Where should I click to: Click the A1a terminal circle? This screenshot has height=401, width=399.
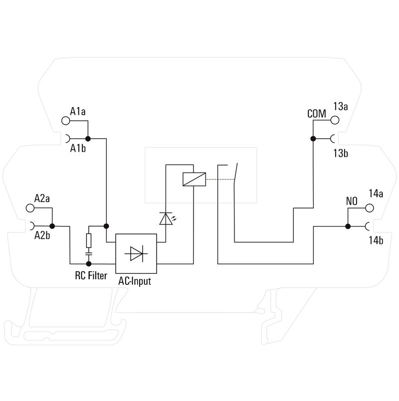coord(65,120)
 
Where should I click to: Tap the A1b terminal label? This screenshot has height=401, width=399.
coord(78,149)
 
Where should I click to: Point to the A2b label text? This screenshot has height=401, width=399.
coord(42,235)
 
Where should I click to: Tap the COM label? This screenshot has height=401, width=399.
coord(316,114)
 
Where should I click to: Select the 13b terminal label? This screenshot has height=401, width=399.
coord(341,153)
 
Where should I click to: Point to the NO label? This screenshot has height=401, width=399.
coord(352,201)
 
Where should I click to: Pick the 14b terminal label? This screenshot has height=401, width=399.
coord(376,241)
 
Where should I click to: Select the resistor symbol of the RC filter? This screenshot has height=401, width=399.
coord(89,241)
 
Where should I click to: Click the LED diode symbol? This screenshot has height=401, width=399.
coord(165,219)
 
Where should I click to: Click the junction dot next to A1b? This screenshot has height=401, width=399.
coord(88,139)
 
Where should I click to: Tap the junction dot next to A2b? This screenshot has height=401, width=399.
coord(52,226)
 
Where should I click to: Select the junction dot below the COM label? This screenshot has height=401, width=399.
coord(313,139)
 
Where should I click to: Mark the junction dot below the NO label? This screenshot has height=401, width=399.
coord(348,226)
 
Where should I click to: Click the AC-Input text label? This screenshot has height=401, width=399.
coord(135,281)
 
